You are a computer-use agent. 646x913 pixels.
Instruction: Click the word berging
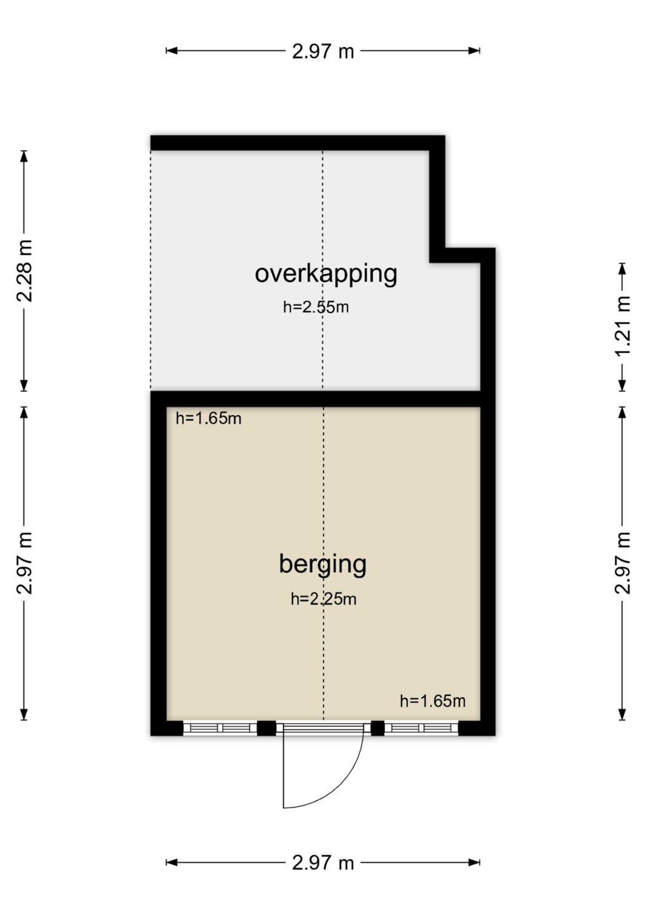322,564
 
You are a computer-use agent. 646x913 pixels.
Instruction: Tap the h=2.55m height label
316,307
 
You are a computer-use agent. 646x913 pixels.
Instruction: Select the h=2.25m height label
324,599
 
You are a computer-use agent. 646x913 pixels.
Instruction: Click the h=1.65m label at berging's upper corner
208,418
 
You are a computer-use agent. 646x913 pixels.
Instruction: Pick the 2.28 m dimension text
24,271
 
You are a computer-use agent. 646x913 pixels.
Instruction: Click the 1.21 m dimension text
623,326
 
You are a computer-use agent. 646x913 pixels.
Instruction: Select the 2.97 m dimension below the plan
323,863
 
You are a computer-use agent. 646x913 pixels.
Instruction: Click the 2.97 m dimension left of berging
24,563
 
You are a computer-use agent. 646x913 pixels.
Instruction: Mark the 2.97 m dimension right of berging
623,563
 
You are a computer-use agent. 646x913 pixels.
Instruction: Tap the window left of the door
220,728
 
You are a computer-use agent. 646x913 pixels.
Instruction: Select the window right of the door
421,728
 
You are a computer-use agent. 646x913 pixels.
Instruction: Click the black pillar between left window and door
266,728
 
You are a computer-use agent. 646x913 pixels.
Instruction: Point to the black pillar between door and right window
377,728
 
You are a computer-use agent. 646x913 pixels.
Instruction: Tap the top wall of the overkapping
298,143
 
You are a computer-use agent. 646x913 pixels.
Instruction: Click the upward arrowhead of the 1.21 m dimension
622,268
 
